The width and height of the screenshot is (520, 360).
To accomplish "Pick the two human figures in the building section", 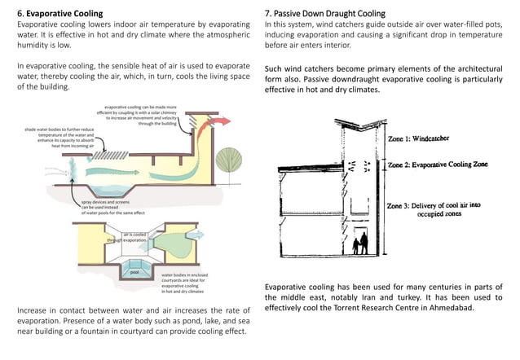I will coord(359,242).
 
